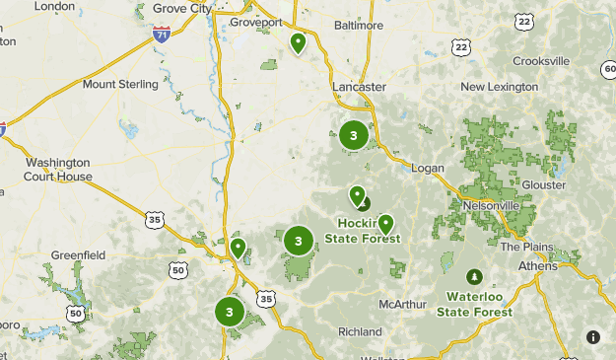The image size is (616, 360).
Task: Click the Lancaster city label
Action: click(359, 87)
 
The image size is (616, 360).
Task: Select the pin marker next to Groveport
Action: click(298, 43)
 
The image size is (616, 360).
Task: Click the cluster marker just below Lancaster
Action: click(354, 136)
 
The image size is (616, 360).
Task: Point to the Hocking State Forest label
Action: click(369, 231)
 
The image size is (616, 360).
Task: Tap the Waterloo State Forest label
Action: click(478, 304)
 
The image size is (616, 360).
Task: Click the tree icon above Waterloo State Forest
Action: click(475, 276)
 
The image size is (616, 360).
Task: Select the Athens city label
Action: click(538, 266)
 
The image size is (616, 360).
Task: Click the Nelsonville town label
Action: click(491, 205)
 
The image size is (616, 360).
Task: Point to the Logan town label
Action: click(428, 169)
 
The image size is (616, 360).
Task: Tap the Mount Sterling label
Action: click(120, 85)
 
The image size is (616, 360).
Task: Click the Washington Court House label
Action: click(59, 170)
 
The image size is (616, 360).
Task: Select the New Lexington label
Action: click(499, 87)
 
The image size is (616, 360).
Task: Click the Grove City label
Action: click(182, 8)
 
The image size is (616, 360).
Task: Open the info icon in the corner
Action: click(592, 336)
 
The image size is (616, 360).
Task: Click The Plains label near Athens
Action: click(522, 247)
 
